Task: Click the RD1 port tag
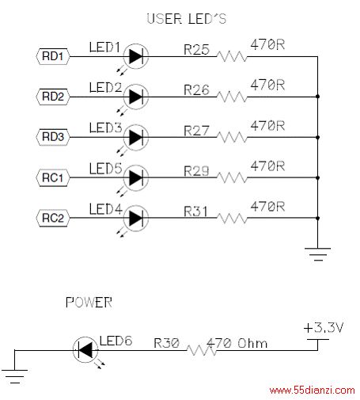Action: [53, 56]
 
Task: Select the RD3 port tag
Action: [53, 137]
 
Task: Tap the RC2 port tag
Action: [53, 218]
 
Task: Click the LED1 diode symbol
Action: [136, 56]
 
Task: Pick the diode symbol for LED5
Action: [136, 177]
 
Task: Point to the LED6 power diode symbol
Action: [85, 350]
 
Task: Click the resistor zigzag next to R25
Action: [232, 56]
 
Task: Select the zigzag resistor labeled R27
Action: [232, 137]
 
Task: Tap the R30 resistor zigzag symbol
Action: [202, 350]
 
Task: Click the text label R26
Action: [196, 90]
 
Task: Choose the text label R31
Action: [195, 211]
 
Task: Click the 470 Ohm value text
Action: [237, 343]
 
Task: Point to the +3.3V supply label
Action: [324, 328]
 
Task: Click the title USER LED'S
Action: [187, 19]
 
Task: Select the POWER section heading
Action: [89, 303]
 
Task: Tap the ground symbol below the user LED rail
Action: [317, 254]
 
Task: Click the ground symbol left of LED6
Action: [15, 376]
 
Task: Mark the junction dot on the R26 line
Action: [317, 97]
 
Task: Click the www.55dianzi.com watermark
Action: [312, 390]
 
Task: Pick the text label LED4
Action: [106, 209]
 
